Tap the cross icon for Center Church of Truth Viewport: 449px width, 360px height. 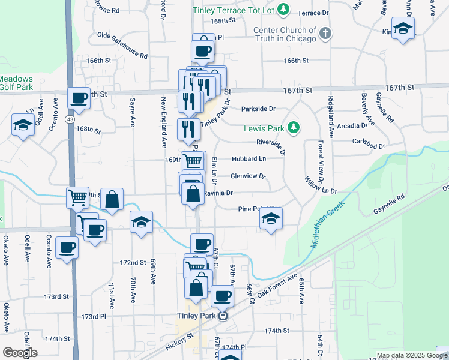point(325,34)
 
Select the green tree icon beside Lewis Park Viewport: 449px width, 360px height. point(294,127)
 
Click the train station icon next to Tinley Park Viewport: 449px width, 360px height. point(223,316)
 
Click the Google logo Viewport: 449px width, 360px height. point(20,353)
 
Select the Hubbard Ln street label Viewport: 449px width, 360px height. point(249,159)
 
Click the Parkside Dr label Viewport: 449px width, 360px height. point(258,109)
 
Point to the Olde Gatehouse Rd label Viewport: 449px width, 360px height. point(122,45)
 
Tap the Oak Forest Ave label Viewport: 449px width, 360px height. point(277,287)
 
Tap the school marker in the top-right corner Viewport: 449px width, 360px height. point(403,28)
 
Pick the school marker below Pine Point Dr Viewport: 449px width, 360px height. point(271,220)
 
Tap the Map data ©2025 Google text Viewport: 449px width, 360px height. point(412,355)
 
